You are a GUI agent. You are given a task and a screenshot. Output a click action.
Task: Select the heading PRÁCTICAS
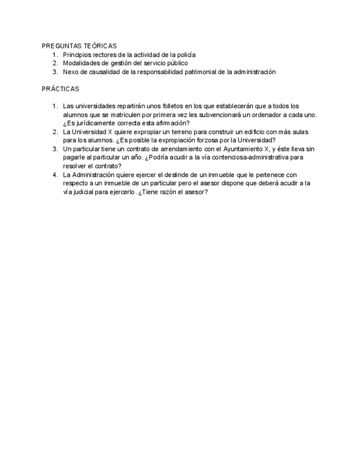click(60, 88)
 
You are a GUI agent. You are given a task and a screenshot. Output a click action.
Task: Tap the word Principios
click(77, 55)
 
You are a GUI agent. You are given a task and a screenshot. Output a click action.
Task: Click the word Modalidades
click(82, 63)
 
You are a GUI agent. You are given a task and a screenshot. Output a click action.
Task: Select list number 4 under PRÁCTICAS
click(55, 175)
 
